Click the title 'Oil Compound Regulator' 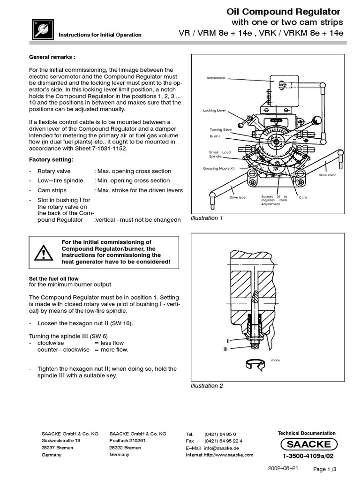pos(284,11)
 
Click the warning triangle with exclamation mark pos(43,253)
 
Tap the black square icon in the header pos(41,29)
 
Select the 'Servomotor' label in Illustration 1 pos(216,77)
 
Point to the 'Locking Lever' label pos(214,111)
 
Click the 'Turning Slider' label pos(221,129)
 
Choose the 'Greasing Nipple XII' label pos(218,168)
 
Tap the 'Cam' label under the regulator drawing pos(303,197)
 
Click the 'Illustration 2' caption pos(207,386)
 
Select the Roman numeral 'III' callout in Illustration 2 pos(226,349)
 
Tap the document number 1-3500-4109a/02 pos(308,456)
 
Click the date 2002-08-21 pos(283,468)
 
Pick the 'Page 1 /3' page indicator pos(325,469)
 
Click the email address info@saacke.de pos(222,448)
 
